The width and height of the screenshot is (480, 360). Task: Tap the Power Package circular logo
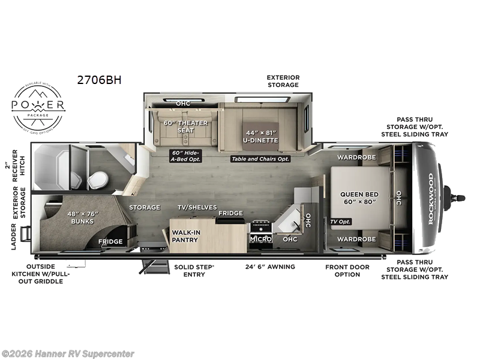pyautogui.click(x=39, y=107)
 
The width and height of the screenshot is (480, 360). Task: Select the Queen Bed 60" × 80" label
pyautogui.click(x=358, y=198)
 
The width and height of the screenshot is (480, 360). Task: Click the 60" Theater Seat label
pyautogui.click(x=185, y=127)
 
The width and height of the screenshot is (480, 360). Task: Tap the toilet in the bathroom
pyautogui.click(x=97, y=179)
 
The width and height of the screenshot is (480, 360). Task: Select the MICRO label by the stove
pyautogui.click(x=261, y=239)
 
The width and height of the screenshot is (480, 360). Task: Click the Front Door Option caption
pyautogui.click(x=347, y=270)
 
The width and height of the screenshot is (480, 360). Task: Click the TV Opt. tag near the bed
pyautogui.click(x=340, y=221)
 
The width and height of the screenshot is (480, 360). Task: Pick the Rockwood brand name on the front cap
pyautogui.click(x=431, y=199)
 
